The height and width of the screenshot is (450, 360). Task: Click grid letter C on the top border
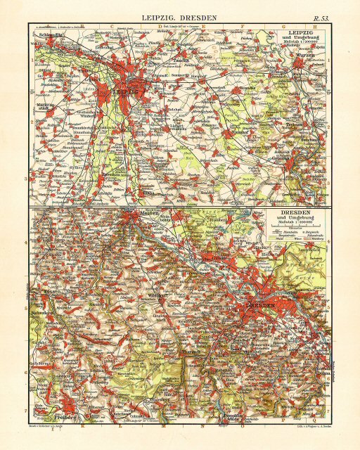[110, 25]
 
